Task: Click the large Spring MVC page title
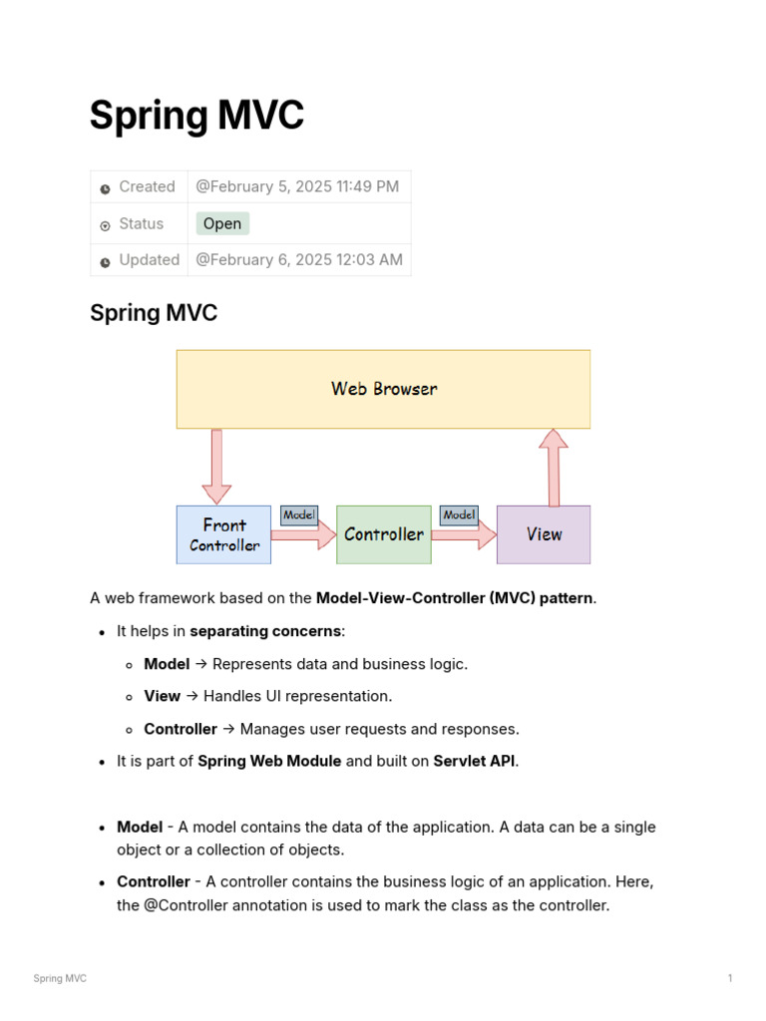[196, 116]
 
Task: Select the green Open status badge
[222, 223]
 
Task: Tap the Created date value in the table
[297, 186]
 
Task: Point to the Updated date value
[299, 259]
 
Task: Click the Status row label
[141, 223]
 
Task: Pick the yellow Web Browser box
[383, 389]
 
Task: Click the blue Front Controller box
[224, 534]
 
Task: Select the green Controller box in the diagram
[384, 534]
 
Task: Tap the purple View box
[544, 534]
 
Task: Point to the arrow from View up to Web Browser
[553, 467]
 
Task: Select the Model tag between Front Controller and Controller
[299, 515]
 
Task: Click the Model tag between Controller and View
[459, 515]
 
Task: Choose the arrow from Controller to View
[464, 535]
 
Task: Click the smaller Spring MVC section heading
[154, 313]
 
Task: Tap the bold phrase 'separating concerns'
[265, 631]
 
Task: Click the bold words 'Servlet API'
[475, 761]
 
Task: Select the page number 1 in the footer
[730, 978]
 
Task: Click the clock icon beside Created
[105, 188]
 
